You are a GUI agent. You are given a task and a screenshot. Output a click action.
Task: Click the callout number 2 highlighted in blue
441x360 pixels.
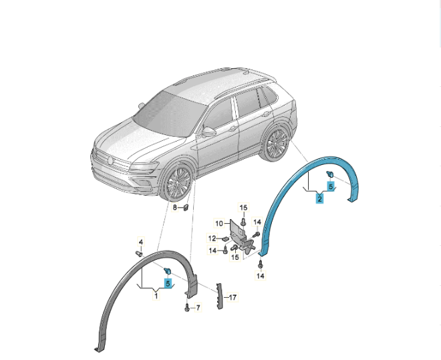[319, 198]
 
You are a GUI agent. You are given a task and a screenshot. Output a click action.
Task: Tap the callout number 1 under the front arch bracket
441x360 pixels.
[156, 295]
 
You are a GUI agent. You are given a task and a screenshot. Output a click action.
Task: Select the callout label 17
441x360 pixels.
[233, 297]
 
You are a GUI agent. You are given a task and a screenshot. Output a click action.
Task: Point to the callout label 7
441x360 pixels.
[198, 308]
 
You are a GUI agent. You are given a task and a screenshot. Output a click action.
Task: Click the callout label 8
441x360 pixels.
[175, 208]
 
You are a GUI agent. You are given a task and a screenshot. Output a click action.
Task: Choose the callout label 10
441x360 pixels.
[219, 224]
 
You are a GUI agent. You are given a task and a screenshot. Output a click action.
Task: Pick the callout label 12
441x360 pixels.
[212, 238]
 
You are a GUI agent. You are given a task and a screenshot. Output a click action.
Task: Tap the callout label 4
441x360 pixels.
[141, 242]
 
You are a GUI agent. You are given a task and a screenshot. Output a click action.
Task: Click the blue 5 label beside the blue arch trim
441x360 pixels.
[331, 186]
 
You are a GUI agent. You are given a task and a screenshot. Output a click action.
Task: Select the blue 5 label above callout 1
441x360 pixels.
[168, 283]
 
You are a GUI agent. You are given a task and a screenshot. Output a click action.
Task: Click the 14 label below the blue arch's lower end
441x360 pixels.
[261, 276]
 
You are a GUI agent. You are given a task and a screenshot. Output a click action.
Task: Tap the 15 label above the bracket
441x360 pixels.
[244, 208]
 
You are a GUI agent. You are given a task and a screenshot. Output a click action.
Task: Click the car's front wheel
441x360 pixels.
[178, 182]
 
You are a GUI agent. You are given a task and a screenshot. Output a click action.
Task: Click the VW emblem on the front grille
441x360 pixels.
[110, 160]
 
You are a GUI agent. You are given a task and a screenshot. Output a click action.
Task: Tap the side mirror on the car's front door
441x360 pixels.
[208, 132]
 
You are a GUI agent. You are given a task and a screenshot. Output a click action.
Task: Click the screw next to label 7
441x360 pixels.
[186, 308]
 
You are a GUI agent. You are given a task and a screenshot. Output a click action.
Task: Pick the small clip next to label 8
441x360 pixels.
[186, 208]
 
